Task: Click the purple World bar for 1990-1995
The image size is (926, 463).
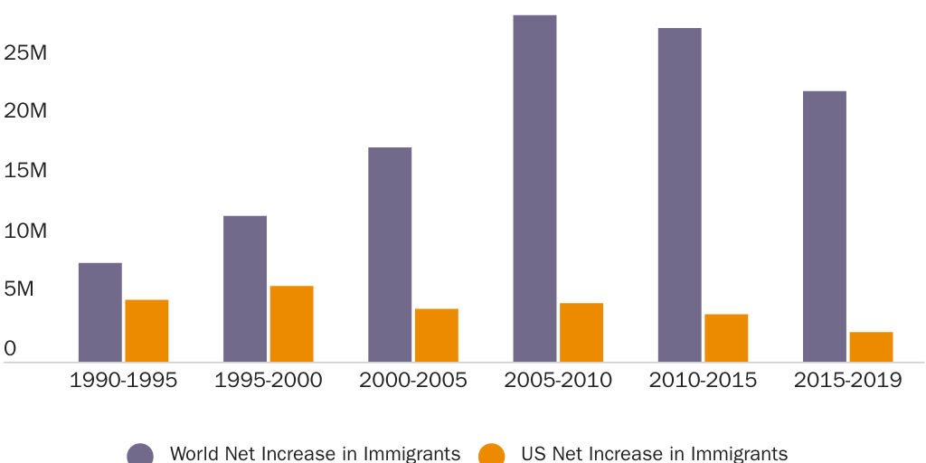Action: pos(100,312)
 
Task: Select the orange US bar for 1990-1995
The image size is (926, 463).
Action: pos(146,331)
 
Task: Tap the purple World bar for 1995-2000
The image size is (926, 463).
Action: pos(245,288)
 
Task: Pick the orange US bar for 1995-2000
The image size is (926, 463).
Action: pos(291,324)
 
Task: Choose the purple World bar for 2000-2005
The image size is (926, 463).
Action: pos(390,254)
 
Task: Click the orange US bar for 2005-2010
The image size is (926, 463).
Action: pos(581,333)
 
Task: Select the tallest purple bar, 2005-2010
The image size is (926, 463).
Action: pos(534,188)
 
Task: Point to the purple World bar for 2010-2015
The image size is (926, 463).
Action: pos(679,194)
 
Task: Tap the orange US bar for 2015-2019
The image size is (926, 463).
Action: pos(871,347)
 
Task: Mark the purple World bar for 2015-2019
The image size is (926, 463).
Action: pos(825,226)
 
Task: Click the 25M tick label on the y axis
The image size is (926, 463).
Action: pos(24,52)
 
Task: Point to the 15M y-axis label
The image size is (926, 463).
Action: pos(24,171)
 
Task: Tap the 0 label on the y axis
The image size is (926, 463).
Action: pos(10,348)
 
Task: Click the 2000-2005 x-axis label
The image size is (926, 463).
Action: pos(413,380)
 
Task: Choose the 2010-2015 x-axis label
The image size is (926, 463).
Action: pos(703,380)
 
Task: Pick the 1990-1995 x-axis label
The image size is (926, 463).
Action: pos(124,380)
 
